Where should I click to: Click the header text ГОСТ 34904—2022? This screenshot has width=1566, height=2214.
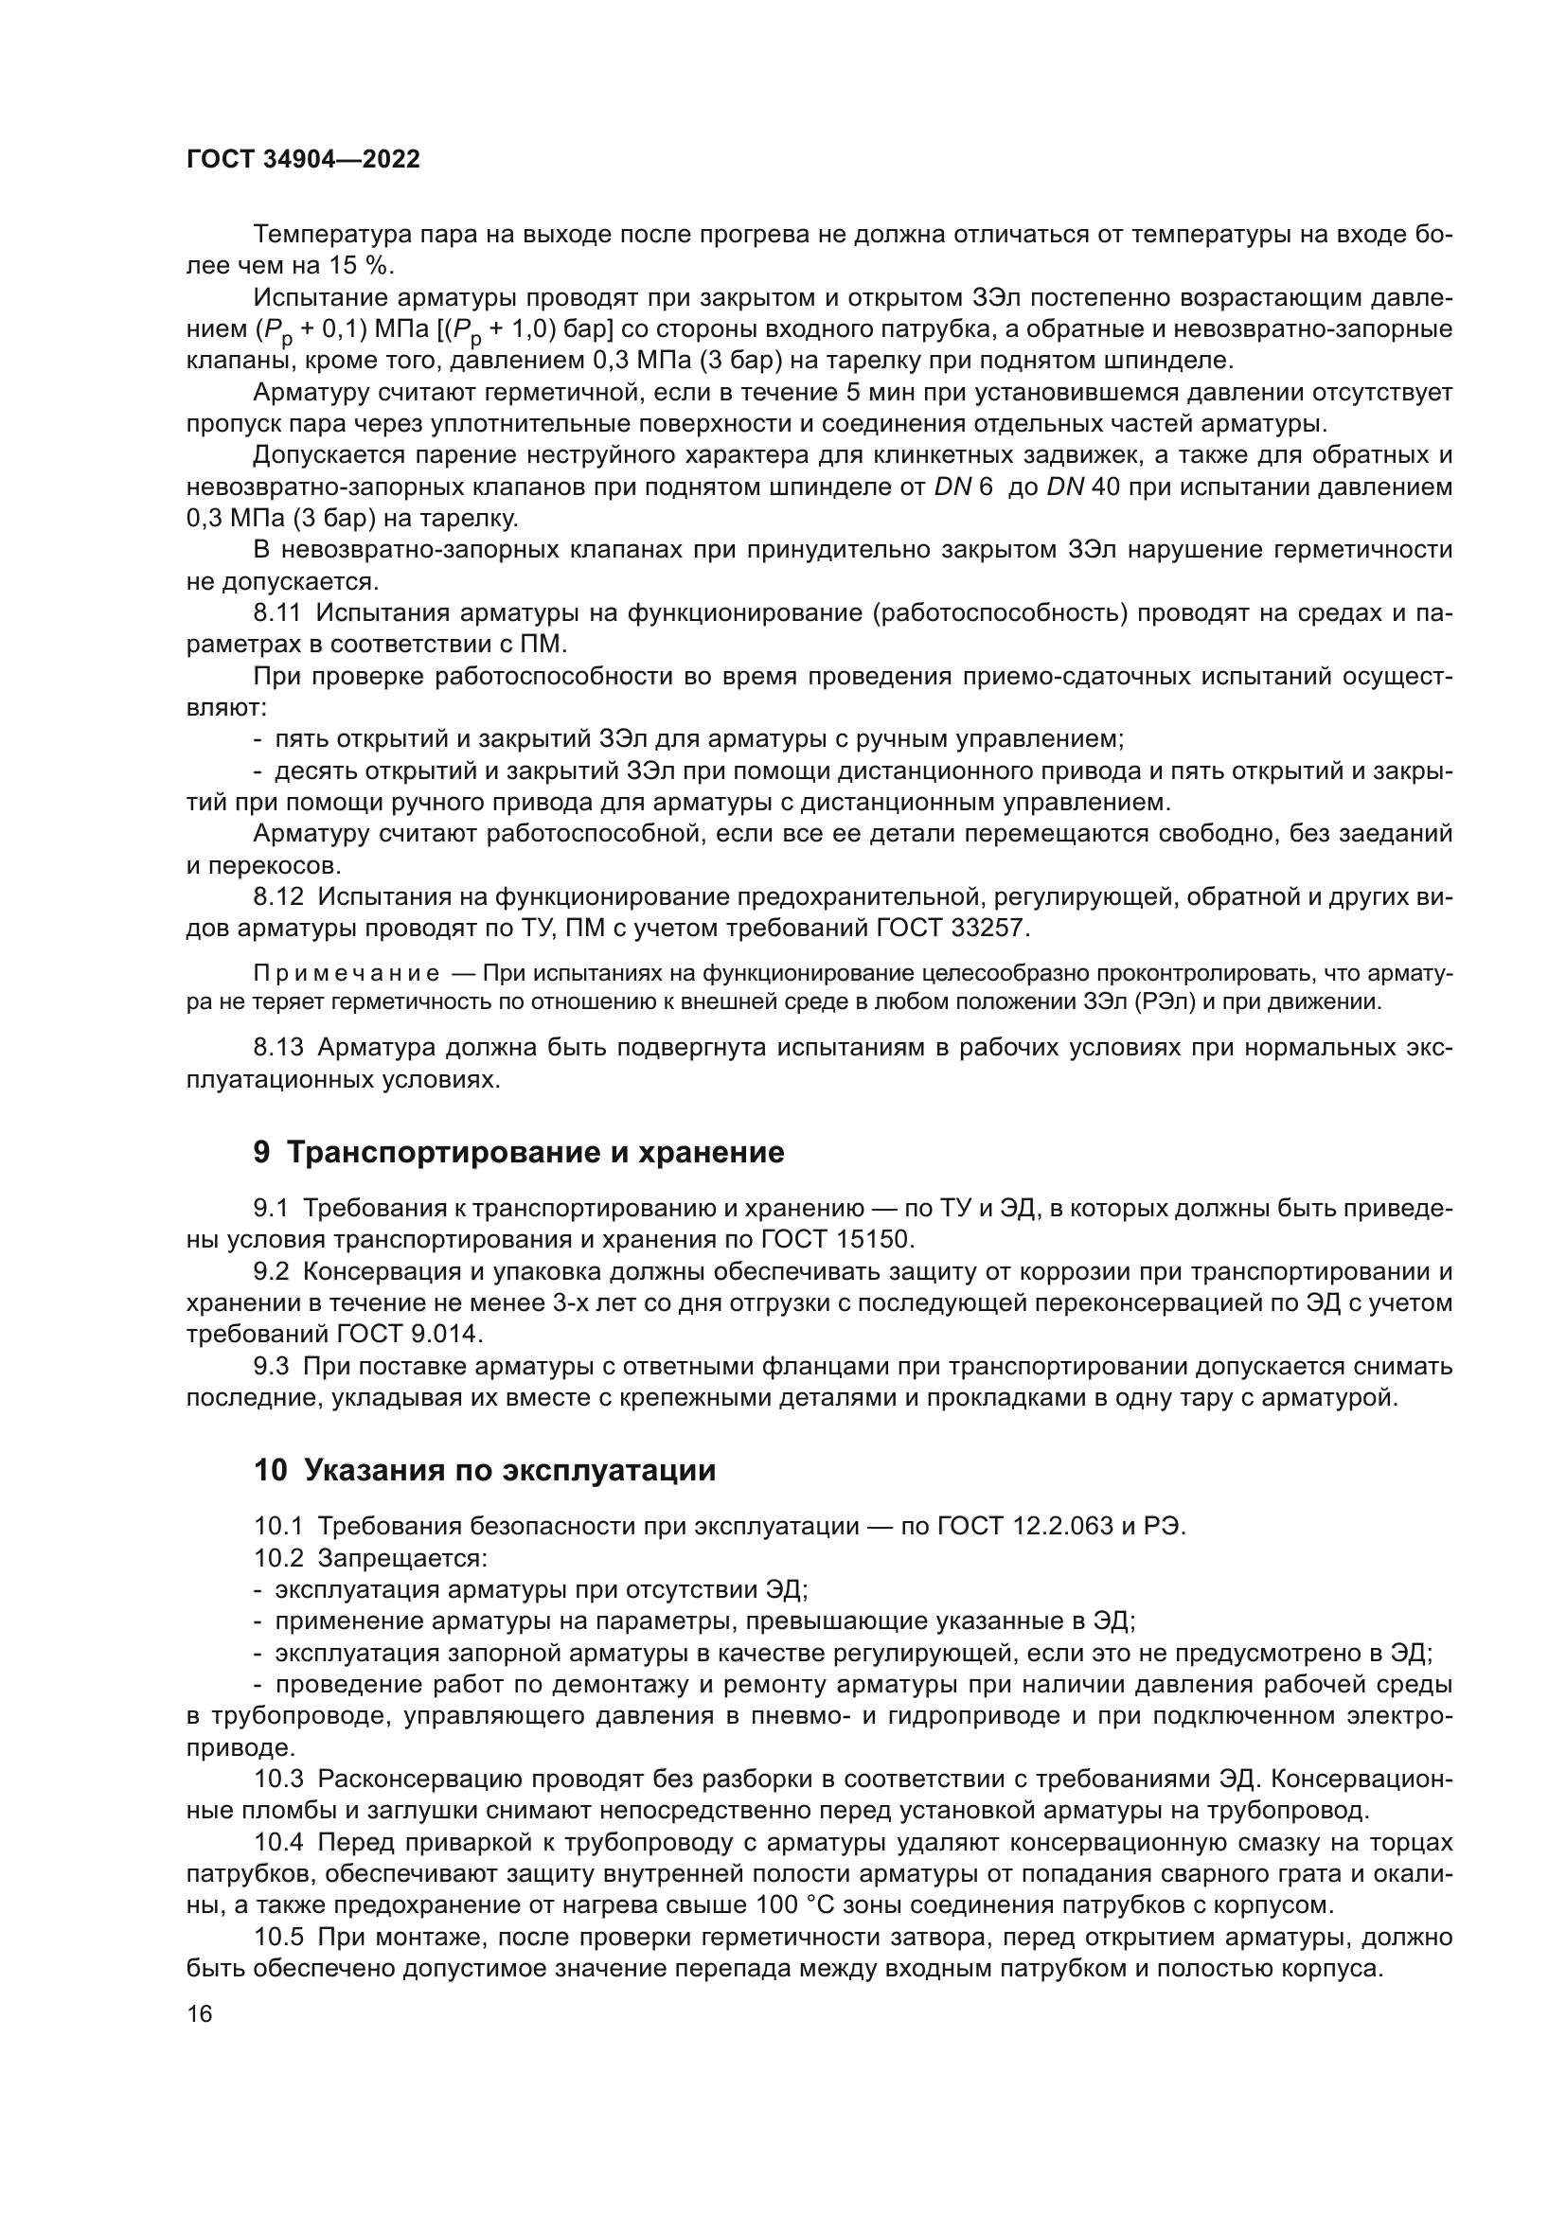pyautogui.click(x=303, y=160)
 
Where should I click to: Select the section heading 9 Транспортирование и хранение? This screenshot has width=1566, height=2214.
pyautogui.click(x=518, y=1152)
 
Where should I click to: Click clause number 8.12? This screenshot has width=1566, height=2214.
pyautogui.click(x=278, y=896)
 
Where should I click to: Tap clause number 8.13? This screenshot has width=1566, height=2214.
pyautogui.click(x=278, y=1047)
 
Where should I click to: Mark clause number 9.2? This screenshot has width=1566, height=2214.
pyautogui.click(x=271, y=1272)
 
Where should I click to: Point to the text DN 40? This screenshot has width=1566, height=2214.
pyautogui.click(x=1082, y=487)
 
